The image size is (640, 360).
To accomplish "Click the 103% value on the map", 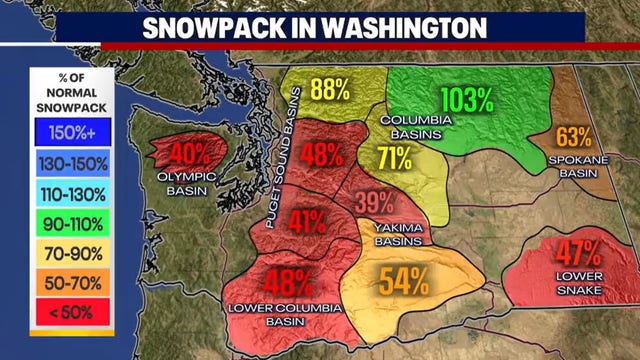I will [467, 100].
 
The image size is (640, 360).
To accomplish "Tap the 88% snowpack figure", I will [329, 89].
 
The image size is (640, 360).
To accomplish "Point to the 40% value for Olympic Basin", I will [190, 155].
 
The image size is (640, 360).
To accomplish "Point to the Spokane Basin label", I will [576, 166].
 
